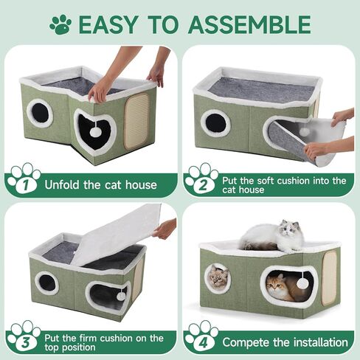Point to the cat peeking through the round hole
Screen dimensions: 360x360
click(x=218, y=278)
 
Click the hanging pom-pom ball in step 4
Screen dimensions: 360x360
click(x=302, y=283)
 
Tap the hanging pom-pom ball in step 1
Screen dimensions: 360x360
click(x=95, y=131)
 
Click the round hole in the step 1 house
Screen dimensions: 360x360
click(x=38, y=113)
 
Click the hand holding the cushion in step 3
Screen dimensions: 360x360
click(x=165, y=228)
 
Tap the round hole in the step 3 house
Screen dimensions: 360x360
click(x=46, y=281)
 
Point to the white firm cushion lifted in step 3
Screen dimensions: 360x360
click(x=118, y=236)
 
